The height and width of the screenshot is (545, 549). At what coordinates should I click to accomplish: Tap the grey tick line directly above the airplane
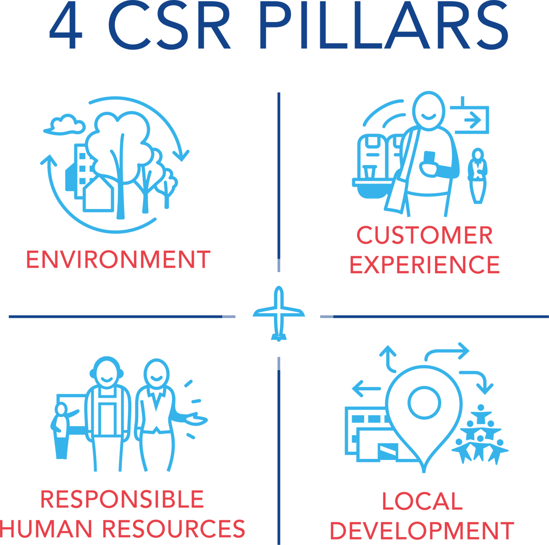coord(279,265)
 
